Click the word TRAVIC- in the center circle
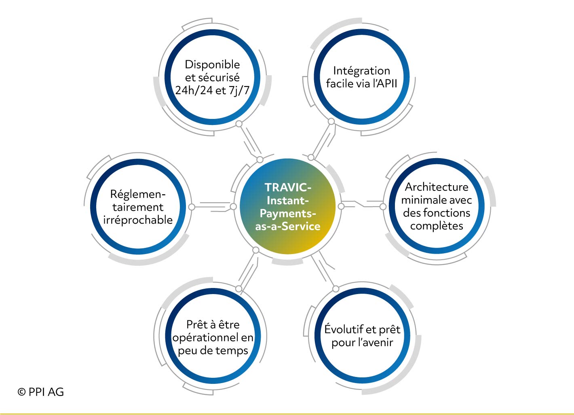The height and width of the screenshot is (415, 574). pos(288,188)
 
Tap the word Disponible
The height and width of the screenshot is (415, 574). pos(213,65)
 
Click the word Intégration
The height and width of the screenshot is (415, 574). pos(361,71)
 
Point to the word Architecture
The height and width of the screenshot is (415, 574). pos(437,187)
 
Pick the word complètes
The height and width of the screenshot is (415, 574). pos(437,226)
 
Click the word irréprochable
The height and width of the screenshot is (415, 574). pos(138,220)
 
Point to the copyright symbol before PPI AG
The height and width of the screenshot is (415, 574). pos(21,392)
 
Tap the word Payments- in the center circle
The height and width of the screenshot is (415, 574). pos(288,214)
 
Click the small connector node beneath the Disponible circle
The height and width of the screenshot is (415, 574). pos(239,124)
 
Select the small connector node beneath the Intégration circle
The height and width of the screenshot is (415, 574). pos(331,121)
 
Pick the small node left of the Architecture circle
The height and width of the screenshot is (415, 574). pos(383,206)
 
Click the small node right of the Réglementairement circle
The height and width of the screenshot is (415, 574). pos(192,207)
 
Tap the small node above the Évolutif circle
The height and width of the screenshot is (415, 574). pos(336,289)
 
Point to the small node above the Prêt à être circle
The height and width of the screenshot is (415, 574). pos(238,288)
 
